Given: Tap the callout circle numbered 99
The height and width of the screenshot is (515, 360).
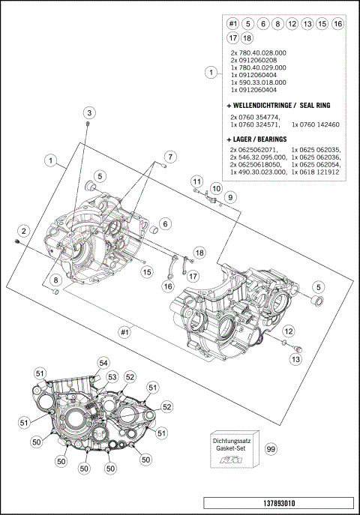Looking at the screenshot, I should pyautogui.click(x=271, y=450).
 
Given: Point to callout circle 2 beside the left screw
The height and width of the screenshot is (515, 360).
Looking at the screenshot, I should pyautogui.click(x=24, y=231).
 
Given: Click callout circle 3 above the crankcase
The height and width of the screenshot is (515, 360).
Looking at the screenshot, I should pyautogui.click(x=88, y=112).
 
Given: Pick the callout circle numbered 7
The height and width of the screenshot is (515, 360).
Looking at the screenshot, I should pyautogui.click(x=170, y=157).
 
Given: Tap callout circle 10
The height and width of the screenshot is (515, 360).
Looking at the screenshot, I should pyautogui.click(x=215, y=187).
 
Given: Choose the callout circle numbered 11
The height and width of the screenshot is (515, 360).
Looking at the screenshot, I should pyautogui.click(x=196, y=181).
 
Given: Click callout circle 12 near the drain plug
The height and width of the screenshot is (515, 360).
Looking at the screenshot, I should pyautogui.click(x=289, y=331).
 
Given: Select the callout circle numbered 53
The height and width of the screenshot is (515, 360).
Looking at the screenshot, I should pyautogui.click(x=112, y=377).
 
